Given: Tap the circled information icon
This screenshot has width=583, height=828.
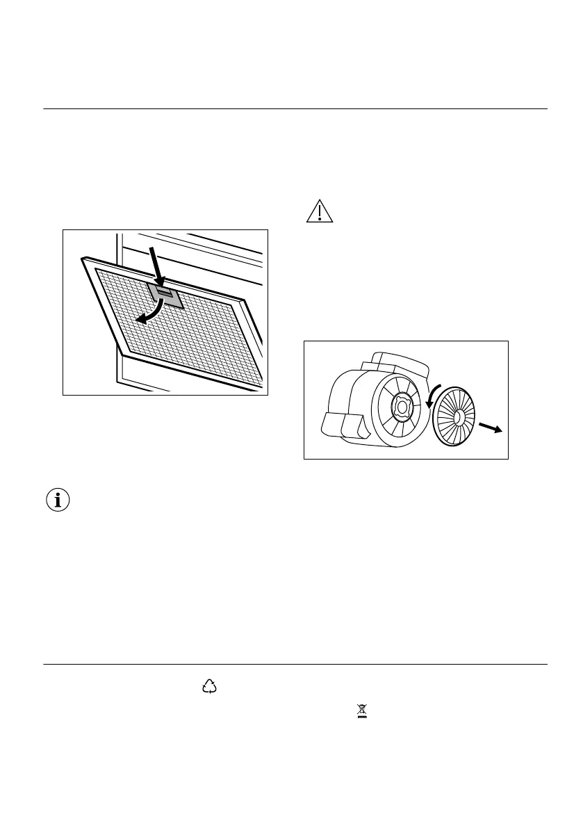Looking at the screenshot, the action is click(x=58, y=500).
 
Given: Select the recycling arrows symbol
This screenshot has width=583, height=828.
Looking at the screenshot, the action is click(x=209, y=688).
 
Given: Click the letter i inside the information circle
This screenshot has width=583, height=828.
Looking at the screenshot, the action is click(x=58, y=500).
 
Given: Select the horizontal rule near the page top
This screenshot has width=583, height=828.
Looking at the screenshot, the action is click(x=295, y=109).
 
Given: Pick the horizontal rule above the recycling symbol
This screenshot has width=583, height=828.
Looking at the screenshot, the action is click(x=295, y=665).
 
